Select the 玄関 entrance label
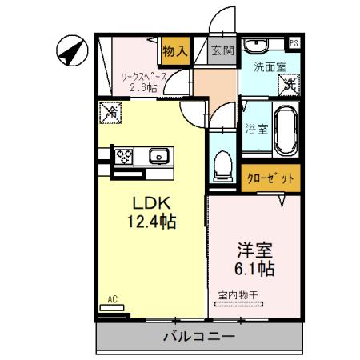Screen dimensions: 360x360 click(222, 50)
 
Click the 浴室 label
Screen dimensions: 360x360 click(255, 127)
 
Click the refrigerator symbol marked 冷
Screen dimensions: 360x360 click(110, 114)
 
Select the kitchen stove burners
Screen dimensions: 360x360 click(125, 155)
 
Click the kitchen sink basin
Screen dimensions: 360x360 click(158, 154)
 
